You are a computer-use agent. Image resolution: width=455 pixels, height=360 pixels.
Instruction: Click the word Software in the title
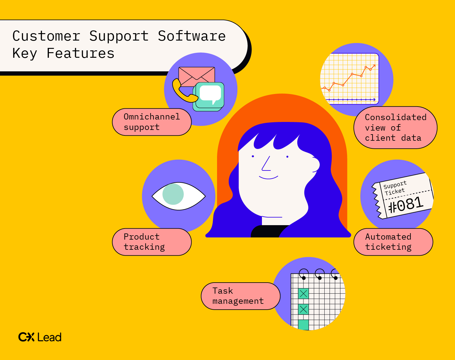192,36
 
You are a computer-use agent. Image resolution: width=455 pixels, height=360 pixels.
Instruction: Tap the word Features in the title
80,53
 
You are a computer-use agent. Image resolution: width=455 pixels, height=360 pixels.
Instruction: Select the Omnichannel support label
152,122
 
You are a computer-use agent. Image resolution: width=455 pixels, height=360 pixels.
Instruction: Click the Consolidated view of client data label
395,127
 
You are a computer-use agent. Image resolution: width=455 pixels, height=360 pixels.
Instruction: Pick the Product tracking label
152,242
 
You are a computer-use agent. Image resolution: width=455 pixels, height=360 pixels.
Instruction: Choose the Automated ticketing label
393,242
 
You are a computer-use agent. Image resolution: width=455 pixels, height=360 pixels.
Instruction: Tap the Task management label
241,296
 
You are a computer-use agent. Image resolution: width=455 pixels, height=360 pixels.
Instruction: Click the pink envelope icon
197,76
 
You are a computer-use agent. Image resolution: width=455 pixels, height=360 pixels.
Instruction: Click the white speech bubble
210,94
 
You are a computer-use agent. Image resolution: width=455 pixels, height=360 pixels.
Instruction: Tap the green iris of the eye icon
173,194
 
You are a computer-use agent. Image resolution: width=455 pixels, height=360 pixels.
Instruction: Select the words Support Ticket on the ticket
395,188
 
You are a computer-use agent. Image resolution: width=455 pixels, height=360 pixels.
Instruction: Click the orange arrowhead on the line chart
374,66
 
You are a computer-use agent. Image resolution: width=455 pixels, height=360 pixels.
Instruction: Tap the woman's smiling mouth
268,178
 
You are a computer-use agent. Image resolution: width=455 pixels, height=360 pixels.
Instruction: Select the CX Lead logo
40,337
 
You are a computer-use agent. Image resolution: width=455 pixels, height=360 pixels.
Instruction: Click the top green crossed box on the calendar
303,293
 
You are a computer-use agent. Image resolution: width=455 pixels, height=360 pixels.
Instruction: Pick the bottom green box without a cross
303,325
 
